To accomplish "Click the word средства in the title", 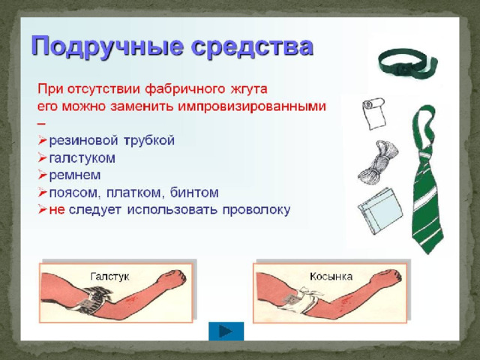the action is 252,46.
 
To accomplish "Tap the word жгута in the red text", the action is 248,89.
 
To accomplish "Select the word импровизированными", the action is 252,106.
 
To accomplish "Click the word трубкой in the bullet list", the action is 149,140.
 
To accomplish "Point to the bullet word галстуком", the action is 82,158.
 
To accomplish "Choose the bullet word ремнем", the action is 75,175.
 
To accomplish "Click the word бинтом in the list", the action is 194,193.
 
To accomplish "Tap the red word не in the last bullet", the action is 57,210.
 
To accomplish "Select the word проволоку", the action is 256,210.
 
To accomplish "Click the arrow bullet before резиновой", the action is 42,140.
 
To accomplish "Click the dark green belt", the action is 407,64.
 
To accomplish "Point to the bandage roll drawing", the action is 373,113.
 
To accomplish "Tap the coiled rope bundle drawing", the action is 378,162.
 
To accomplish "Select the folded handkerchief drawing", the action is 380,211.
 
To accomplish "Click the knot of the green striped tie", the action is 426,154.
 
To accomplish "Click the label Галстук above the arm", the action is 110,277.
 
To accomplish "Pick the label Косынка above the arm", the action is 331,277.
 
